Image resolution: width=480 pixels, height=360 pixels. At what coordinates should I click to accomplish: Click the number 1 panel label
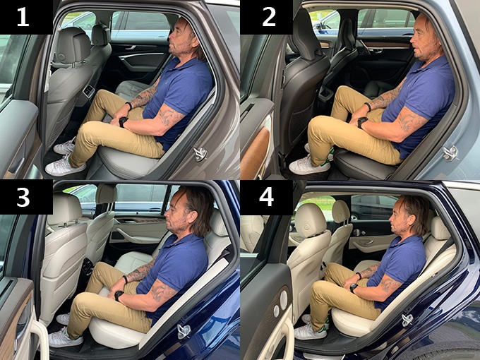tap(23, 17)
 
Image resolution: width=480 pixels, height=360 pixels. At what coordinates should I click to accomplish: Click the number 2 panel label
tap(268, 17)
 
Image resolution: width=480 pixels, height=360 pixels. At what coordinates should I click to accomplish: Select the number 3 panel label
tap(23, 197)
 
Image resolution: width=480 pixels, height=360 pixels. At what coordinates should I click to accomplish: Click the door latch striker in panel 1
tap(200, 153)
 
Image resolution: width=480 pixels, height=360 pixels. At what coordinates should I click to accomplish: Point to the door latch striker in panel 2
tap(450, 152)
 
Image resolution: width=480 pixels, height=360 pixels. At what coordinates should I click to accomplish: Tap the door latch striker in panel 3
tap(184, 330)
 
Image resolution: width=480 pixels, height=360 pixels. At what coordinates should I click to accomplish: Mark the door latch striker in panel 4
tap(407, 320)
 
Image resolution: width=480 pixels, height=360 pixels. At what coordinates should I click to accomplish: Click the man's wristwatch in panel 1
tap(123, 121)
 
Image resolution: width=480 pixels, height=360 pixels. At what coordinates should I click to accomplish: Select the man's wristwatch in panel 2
tap(363, 122)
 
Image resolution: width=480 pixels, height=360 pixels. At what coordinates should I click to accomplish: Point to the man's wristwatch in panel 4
tap(353, 288)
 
